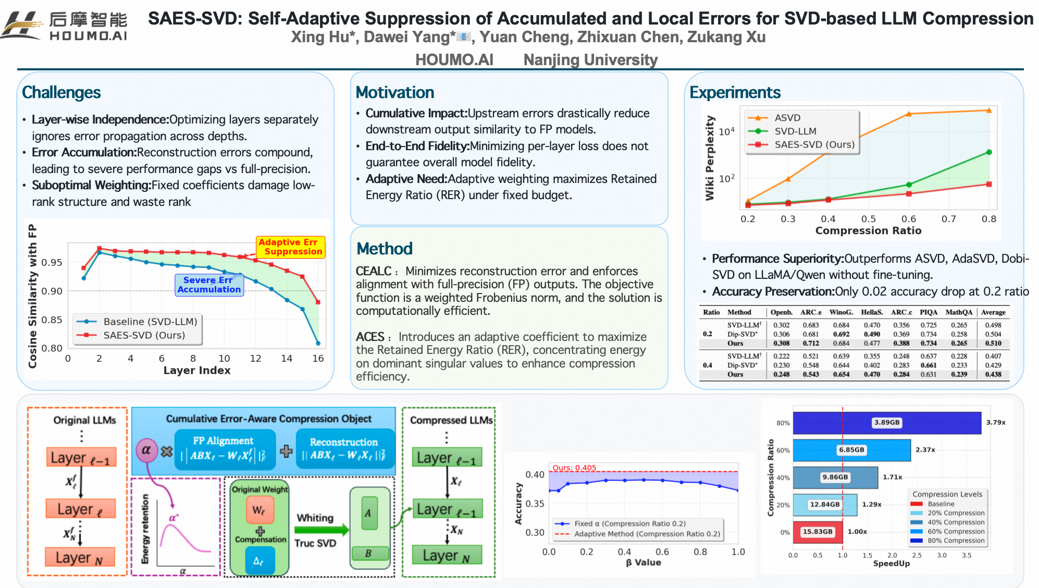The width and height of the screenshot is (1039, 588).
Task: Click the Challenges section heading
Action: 61,92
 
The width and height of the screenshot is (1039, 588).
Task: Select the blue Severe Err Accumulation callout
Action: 209,285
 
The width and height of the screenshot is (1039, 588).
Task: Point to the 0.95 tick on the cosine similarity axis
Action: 52,262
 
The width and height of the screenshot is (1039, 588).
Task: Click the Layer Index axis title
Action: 196,371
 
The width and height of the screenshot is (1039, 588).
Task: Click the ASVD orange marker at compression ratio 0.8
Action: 988,111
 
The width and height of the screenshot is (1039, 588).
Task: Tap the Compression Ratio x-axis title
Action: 868,230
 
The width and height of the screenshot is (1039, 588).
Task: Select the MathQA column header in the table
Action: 959,312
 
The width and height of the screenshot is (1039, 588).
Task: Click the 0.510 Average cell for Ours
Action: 993,344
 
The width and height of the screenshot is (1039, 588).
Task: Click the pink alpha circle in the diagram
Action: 146,450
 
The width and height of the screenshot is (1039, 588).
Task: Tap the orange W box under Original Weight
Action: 259,510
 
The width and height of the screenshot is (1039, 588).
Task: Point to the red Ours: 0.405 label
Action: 574,468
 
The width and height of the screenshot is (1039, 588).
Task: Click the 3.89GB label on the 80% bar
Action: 887,423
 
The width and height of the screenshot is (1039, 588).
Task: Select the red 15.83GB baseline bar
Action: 818,532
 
